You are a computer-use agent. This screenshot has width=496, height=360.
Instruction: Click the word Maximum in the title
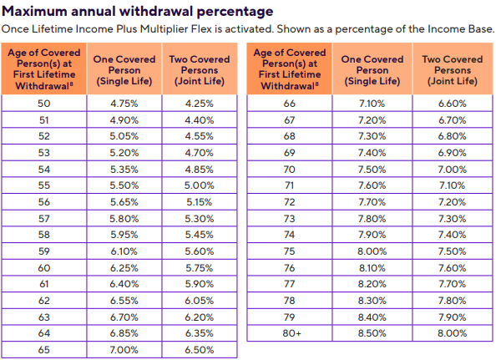click(x=34, y=12)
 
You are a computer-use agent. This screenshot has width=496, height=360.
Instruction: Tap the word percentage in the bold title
click(x=235, y=13)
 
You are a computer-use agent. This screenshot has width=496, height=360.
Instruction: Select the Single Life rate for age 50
click(x=124, y=104)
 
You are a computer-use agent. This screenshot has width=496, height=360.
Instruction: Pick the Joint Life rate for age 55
click(x=200, y=185)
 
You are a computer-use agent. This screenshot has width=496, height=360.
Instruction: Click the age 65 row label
click(x=44, y=350)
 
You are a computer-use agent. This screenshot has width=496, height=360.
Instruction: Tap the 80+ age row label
click(x=291, y=333)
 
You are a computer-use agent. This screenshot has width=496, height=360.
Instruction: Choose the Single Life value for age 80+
click(x=372, y=333)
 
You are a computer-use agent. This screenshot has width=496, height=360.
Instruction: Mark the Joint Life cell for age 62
click(x=200, y=301)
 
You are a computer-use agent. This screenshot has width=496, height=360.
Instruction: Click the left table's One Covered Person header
click(x=124, y=70)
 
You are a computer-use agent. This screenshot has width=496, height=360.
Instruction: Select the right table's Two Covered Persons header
click(x=453, y=70)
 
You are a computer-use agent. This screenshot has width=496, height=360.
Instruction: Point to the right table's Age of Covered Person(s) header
click(x=290, y=69)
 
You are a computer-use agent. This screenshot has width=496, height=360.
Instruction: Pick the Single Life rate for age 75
click(x=372, y=251)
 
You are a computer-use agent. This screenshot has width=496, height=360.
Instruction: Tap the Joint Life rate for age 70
click(x=453, y=170)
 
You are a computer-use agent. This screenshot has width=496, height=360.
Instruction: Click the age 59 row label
click(x=44, y=251)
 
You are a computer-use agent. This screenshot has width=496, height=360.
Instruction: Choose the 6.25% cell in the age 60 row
click(x=124, y=268)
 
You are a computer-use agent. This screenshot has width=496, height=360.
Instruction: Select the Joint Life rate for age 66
click(x=453, y=104)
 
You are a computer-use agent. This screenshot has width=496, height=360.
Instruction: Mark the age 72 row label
click(x=290, y=202)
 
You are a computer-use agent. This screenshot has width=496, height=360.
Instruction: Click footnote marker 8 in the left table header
click(x=72, y=84)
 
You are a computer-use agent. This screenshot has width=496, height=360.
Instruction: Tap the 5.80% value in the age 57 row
click(x=124, y=219)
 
